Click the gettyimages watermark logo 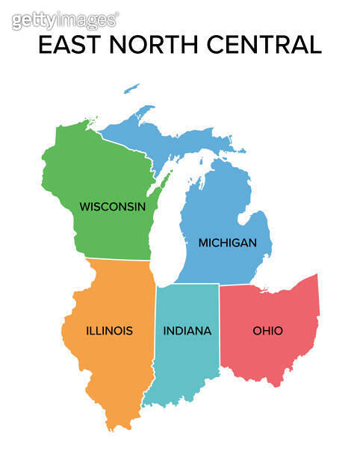(64, 19)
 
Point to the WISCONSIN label (113, 206)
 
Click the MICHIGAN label (227, 243)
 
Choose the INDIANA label (187, 330)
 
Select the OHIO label (267, 330)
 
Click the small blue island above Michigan (131, 88)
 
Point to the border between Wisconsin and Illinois (120, 259)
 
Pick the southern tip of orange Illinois (112, 427)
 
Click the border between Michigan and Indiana (187, 284)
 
